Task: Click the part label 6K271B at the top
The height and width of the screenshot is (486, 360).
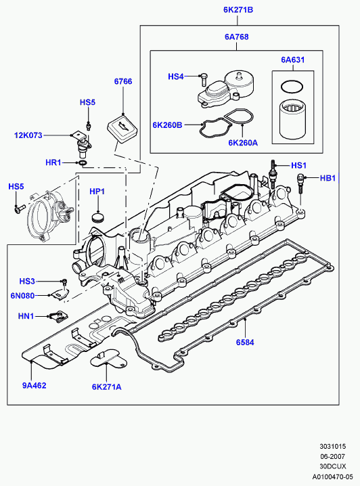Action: [238, 10]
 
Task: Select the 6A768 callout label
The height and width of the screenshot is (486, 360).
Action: [237, 37]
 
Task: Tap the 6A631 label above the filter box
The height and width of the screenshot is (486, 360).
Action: [293, 60]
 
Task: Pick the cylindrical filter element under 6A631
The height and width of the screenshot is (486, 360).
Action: [293, 119]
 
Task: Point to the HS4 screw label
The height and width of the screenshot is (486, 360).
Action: [176, 76]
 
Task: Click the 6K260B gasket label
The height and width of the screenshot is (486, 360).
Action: [167, 125]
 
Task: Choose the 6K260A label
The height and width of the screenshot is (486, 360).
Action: [243, 143]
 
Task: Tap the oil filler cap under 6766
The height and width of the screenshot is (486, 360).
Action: [122, 129]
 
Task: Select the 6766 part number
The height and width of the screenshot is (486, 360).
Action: [123, 81]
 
